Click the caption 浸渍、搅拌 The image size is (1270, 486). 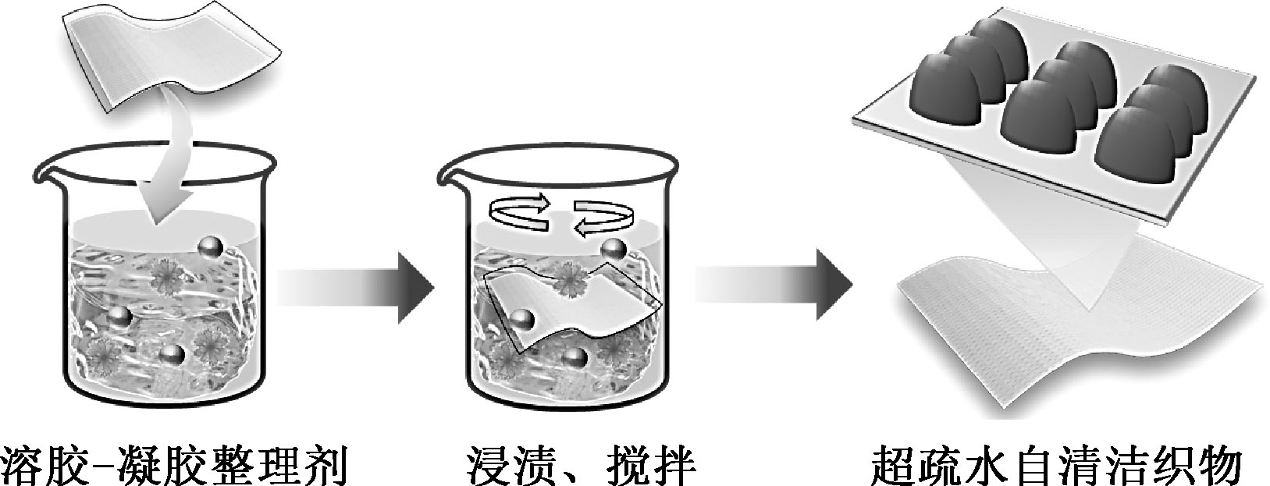click(x=584, y=463)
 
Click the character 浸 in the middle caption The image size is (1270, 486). click(x=493, y=463)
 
